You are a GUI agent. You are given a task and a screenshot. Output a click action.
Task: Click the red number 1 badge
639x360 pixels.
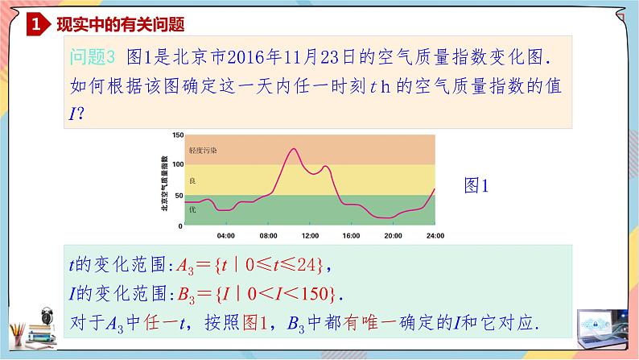pos(35,24)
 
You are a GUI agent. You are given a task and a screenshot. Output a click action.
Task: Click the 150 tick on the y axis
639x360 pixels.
pos(179,134)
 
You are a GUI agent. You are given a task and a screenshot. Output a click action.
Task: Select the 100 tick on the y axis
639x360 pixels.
pos(179,164)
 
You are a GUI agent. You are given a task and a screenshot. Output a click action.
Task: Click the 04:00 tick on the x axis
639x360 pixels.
pos(226,236)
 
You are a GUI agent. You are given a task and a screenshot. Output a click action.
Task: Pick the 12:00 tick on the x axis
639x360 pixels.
pos(310,236)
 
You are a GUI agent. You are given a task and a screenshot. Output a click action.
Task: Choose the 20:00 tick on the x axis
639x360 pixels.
pos(393,236)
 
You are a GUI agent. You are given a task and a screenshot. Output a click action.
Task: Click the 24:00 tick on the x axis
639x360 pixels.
pos(435,236)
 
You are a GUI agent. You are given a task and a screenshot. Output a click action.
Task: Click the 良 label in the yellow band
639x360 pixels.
pos(192,180)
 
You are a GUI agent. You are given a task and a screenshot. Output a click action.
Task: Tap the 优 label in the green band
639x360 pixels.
pos(192,209)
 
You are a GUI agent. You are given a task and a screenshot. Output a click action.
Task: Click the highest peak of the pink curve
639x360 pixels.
pos(291,149)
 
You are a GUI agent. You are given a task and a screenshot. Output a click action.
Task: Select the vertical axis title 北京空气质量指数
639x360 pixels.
pos(165,180)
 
